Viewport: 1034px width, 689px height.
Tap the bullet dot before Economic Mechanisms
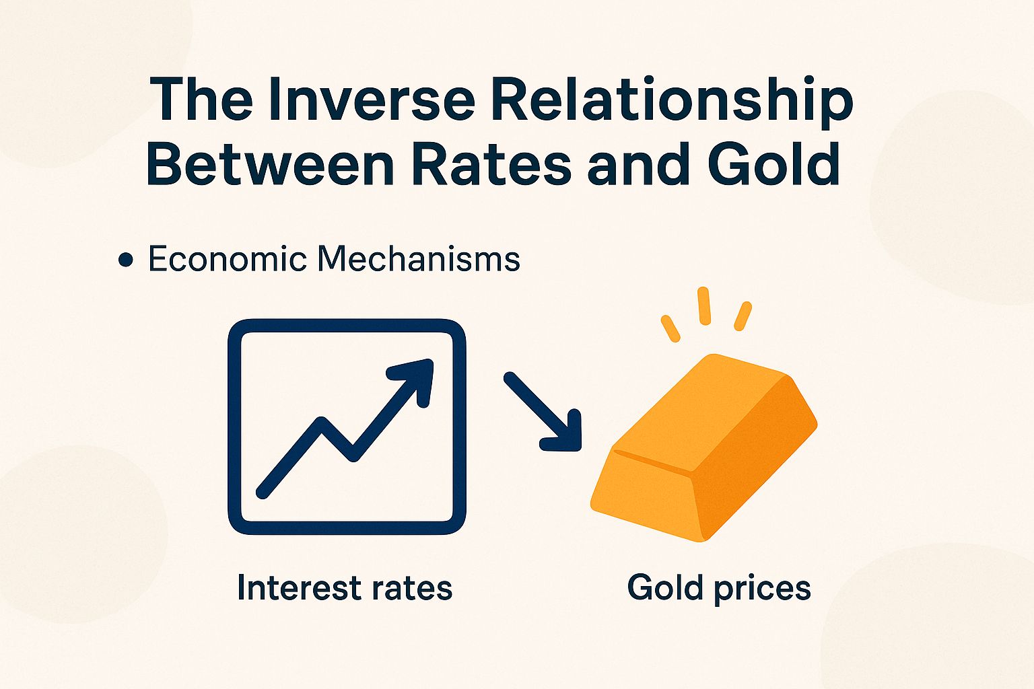point(125,260)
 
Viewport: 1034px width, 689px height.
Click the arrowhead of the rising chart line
point(417,376)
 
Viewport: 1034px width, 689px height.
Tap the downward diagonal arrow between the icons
point(544,411)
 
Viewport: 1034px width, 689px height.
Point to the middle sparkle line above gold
point(704,306)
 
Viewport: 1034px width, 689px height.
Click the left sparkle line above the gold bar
point(670,328)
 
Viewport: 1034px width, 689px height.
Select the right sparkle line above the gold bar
point(742,316)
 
